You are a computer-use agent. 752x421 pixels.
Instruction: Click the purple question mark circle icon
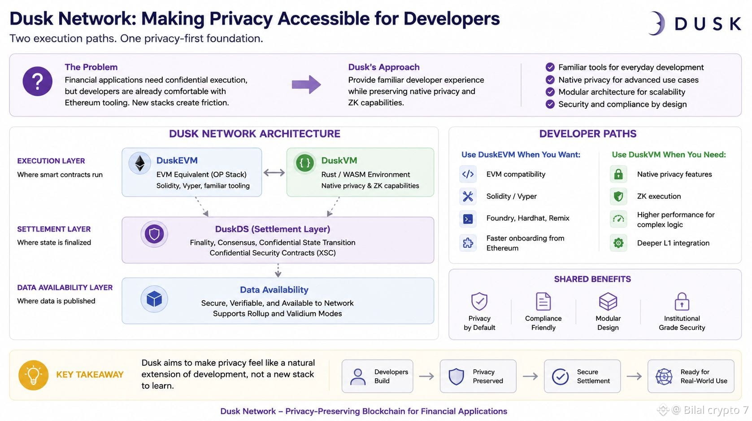(x=37, y=81)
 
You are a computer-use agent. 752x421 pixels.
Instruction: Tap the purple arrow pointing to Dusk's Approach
(x=306, y=84)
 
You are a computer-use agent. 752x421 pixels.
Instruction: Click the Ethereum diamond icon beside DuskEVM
(x=139, y=163)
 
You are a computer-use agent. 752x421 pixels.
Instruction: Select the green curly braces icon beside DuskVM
(x=305, y=163)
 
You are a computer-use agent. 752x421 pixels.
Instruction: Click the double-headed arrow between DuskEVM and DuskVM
(x=274, y=173)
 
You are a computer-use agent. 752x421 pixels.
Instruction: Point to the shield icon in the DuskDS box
(x=154, y=234)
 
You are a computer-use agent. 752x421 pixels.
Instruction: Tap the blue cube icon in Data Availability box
(x=154, y=299)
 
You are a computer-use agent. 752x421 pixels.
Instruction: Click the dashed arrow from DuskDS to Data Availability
(x=278, y=270)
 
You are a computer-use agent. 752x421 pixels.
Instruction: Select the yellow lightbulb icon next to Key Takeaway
(x=34, y=375)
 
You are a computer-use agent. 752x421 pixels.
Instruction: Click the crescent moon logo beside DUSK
(x=657, y=23)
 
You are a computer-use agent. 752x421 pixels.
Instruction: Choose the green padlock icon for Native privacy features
(x=618, y=174)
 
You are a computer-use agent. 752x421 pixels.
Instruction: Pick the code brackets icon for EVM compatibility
(x=468, y=174)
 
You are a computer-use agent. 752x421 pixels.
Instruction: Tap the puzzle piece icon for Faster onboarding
(x=468, y=242)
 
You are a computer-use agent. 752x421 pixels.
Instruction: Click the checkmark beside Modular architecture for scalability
(x=550, y=92)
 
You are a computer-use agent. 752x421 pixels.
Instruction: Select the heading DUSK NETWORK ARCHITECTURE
(x=254, y=134)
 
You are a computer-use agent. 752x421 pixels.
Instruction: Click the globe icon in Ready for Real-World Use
(x=664, y=376)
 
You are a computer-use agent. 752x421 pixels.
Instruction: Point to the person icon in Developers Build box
(x=358, y=377)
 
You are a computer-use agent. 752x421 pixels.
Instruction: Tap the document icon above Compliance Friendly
(x=543, y=301)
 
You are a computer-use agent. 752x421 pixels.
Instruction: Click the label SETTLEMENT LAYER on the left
(x=54, y=229)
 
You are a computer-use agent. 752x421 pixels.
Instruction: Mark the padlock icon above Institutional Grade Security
(x=682, y=301)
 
